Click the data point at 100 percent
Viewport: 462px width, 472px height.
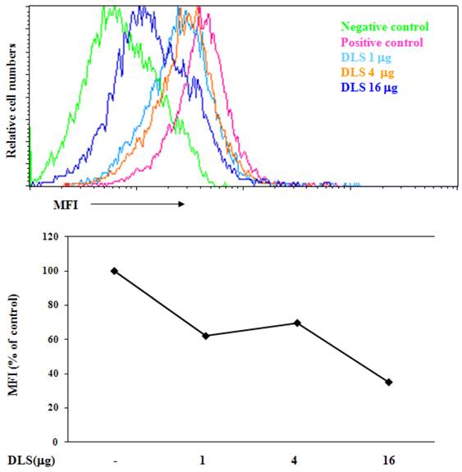point(114,270)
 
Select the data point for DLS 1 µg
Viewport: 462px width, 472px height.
point(206,336)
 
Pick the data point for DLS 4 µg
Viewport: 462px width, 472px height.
point(297,323)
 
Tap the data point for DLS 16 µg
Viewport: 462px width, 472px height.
point(388,382)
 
